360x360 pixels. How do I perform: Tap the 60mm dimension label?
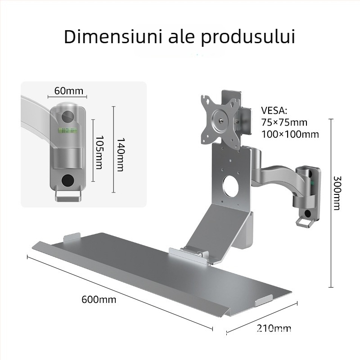coord(68,91)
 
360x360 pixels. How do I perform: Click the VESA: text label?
coord(274,111)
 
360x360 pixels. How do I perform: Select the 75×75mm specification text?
coord(284,122)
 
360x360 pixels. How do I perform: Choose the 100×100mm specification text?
coord(290,134)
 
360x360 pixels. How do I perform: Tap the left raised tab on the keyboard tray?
coord(72,237)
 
